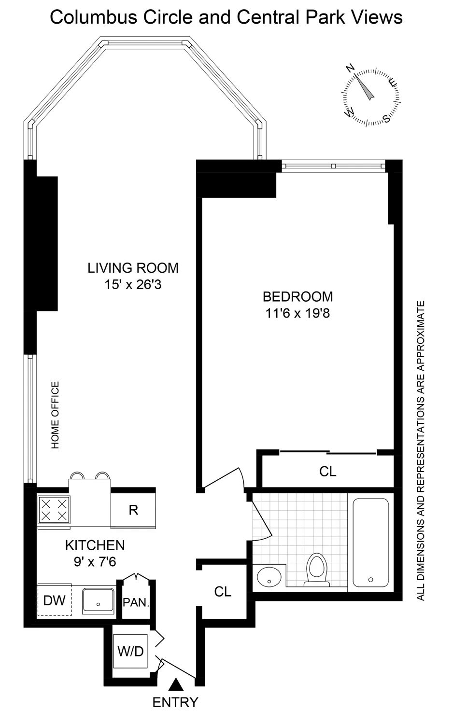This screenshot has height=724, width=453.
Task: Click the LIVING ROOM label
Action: click(133, 268)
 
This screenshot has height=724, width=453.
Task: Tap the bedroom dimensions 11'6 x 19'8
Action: click(297, 313)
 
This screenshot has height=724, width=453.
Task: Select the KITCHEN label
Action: click(95, 545)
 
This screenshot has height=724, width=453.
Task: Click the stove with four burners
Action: click(54, 510)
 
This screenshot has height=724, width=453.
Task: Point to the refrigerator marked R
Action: click(133, 510)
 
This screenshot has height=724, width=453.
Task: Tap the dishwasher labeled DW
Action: click(54, 600)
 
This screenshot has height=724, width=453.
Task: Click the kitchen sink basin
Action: click(98, 600)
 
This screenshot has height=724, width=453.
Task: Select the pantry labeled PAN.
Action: click(136, 602)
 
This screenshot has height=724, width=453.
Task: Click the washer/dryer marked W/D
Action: click(130, 651)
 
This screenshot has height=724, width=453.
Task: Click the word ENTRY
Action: click(175, 702)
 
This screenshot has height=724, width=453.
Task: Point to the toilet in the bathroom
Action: click(316, 569)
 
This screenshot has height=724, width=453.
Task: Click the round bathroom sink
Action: click(269, 576)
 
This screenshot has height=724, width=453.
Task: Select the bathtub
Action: click(370, 542)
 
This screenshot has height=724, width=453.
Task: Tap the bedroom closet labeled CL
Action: click(327, 471)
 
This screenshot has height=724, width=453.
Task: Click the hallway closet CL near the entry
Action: click(223, 591)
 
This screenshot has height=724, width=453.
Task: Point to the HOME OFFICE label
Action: click(56, 415)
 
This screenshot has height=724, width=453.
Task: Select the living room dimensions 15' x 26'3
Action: click(133, 285)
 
